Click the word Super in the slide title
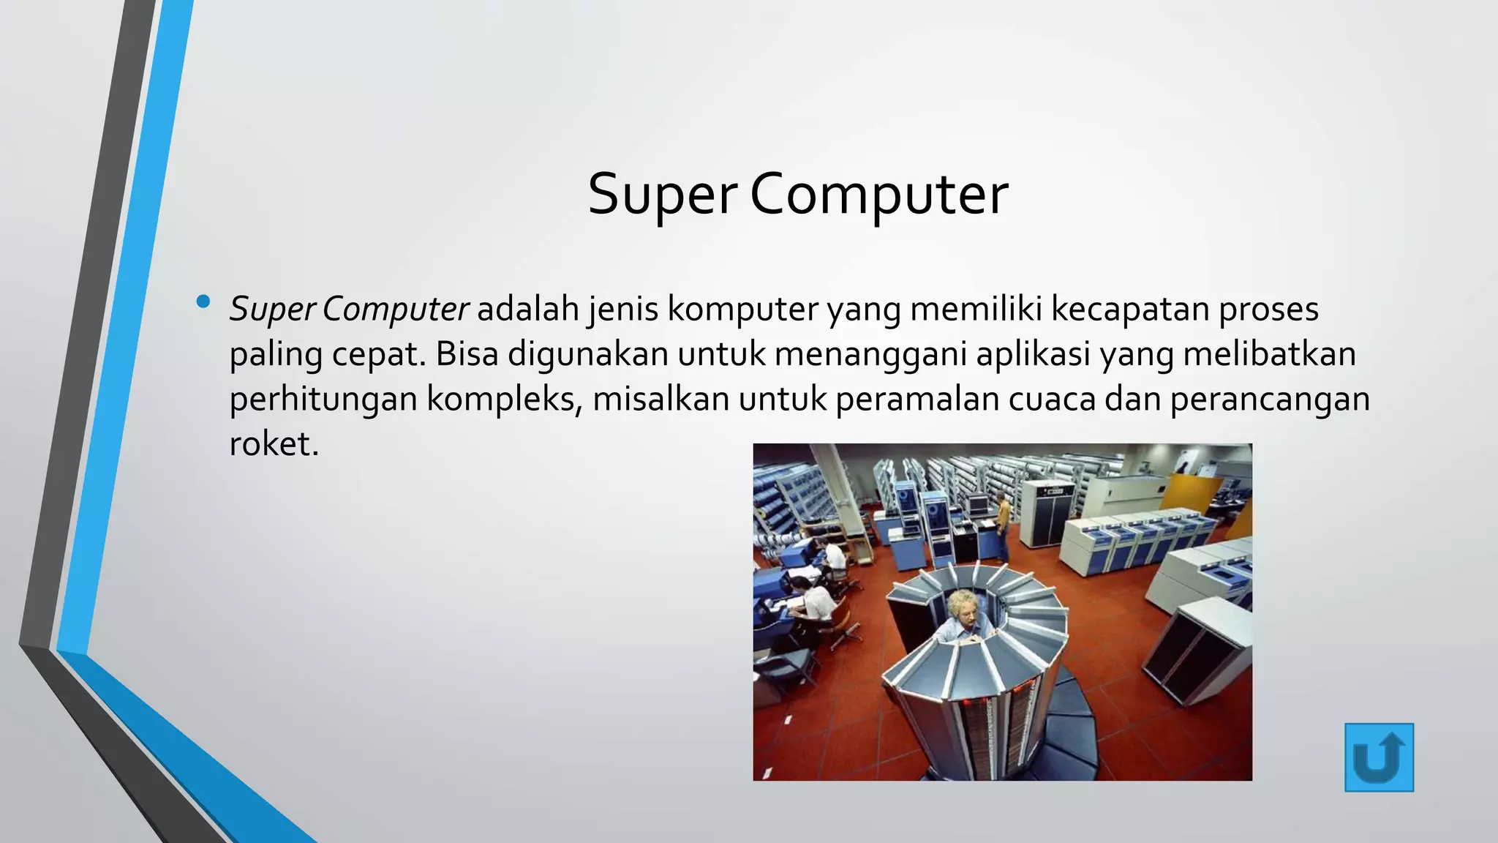click(662, 195)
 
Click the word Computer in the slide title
click(878, 195)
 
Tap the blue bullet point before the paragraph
click(203, 301)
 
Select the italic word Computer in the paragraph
click(394, 310)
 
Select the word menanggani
click(870, 354)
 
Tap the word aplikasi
click(1033, 354)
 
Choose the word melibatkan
click(1269, 354)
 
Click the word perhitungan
click(323, 400)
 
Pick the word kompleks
click(504, 400)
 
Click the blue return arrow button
click(1379, 757)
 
